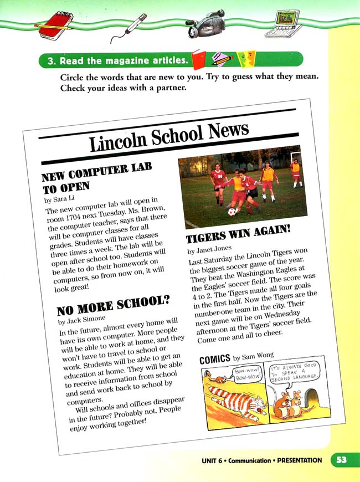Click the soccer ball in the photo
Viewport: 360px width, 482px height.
coord(230,212)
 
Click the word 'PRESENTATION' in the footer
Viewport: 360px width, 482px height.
coord(300,460)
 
